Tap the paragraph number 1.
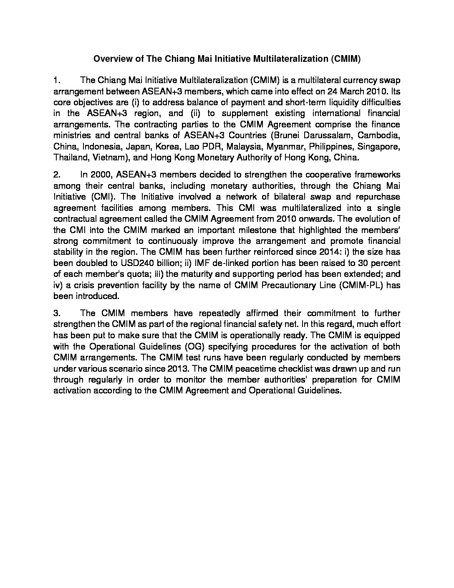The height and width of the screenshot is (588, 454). pos(58,80)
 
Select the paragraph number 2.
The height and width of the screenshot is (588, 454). pos(58,174)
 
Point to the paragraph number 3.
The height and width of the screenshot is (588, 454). pos(58,313)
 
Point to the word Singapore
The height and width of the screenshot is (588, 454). pos(382,147)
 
